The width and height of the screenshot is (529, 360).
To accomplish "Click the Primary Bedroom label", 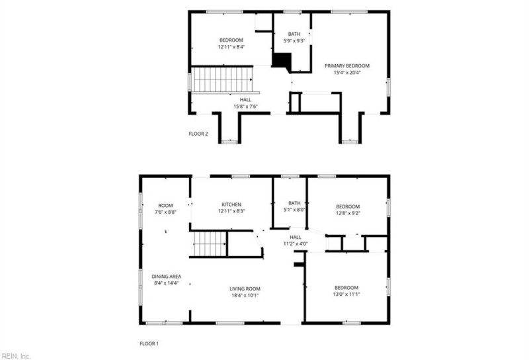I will (x=346, y=66).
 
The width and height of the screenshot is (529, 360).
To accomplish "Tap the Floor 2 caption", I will (x=198, y=134).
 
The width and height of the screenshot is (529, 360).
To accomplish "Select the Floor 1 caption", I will (x=149, y=343).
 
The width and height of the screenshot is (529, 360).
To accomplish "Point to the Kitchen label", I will (x=231, y=204).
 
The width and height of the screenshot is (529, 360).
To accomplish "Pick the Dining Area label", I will (x=166, y=277).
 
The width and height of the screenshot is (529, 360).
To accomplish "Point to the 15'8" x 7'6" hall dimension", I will (x=245, y=107).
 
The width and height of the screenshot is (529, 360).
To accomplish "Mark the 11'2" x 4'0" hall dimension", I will (x=295, y=244).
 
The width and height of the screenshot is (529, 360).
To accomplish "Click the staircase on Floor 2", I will (x=223, y=79).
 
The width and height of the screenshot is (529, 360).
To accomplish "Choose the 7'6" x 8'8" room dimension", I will (x=165, y=212).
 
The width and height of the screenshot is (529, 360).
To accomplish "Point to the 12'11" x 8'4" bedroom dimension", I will (x=231, y=48).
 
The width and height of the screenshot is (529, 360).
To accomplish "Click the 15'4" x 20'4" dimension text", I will (x=346, y=73).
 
